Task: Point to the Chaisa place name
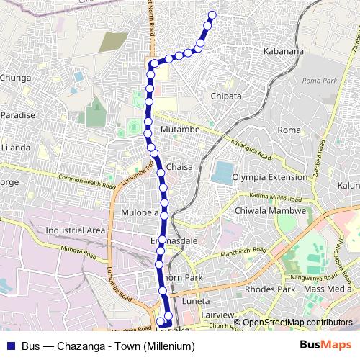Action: click(x=180, y=167)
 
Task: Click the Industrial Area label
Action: click(x=75, y=230)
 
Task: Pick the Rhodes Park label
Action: click(x=271, y=289)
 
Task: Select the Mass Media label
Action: click(x=325, y=289)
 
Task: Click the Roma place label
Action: click(x=288, y=130)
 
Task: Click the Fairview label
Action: click(x=219, y=315)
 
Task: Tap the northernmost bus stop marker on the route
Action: click(x=212, y=14)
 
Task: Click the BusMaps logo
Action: click(x=330, y=346)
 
